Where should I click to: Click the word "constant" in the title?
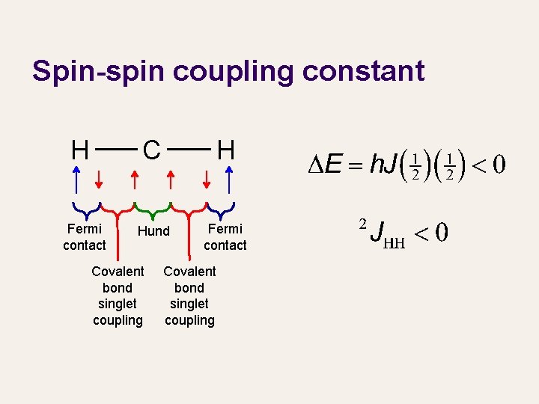click(x=357, y=71)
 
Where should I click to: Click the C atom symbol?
click(x=151, y=150)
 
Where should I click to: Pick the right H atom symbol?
click(x=225, y=150)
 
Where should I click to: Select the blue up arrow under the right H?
click(x=228, y=181)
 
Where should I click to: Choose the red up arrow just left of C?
click(x=134, y=181)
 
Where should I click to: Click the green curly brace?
click(x=153, y=210)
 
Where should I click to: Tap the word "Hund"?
click(x=153, y=231)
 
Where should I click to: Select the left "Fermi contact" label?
click(x=85, y=237)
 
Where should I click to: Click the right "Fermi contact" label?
click(x=225, y=237)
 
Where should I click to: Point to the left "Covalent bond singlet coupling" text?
click(x=118, y=296)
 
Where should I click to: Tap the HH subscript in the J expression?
click(x=392, y=242)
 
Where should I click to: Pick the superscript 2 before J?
click(x=362, y=224)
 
